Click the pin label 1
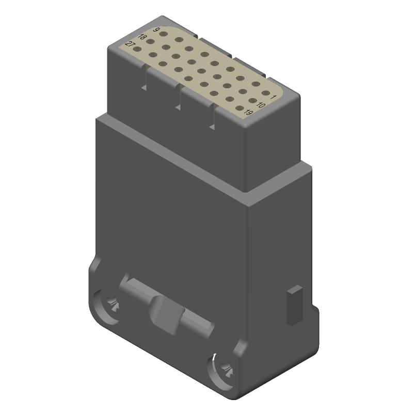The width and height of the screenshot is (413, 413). coord(274,97)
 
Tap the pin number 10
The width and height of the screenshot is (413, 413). coord(261,105)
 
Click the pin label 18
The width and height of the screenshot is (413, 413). coord(143,38)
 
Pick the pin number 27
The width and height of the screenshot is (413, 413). coord(130,45)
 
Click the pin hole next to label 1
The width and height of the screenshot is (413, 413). coord(266,93)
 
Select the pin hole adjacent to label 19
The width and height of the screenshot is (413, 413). coord(240,108)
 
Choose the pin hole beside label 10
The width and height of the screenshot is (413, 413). coord(253,101)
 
